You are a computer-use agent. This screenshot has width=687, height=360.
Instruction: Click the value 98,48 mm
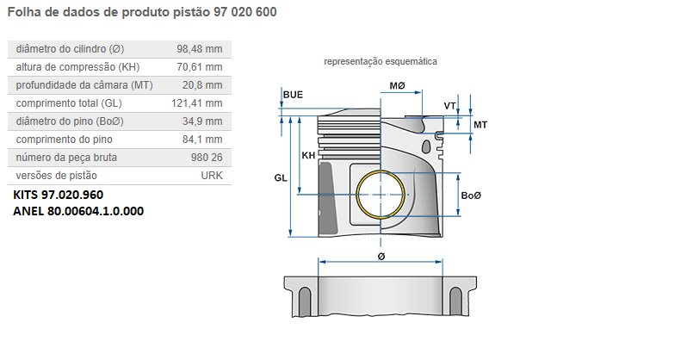click(x=200, y=49)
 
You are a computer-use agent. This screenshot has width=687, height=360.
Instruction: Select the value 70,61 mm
click(x=200, y=67)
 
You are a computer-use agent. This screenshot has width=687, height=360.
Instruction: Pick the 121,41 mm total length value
click(x=197, y=103)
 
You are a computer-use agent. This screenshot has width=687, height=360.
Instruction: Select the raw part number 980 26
click(x=207, y=158)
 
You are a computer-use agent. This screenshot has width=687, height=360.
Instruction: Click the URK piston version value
click(x=211, y=176)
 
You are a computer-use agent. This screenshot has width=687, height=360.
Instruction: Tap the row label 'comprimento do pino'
click(x=65, y=140)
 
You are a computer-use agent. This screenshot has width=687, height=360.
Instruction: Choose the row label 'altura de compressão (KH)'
click(x=77, y=67)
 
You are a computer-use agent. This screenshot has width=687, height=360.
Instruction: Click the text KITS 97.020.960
click(x=59, y=195)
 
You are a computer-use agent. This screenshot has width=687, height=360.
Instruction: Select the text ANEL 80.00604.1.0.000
click(x=78, y=211)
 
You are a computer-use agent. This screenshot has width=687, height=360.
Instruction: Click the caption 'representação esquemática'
click(x=381, y=62)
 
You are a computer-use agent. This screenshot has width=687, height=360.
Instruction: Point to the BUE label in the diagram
click(x=293, y=94)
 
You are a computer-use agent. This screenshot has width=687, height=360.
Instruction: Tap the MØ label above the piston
click(x=397, y=87)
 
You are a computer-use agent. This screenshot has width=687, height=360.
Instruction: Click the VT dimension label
click(x=449, y=105)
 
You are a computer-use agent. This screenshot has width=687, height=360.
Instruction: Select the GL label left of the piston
click(x=281, y=177)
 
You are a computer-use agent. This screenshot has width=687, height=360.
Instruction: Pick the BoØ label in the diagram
click(x=471, y=196)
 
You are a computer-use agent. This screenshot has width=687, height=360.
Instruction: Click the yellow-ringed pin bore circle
click(x=381, y=196)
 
